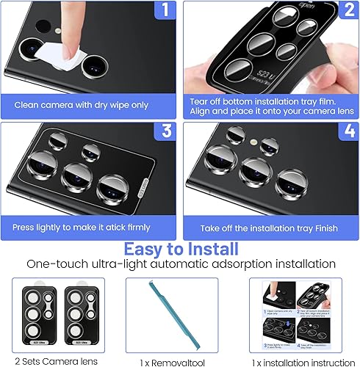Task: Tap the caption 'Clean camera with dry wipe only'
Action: pos(82,105)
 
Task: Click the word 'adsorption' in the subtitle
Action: pos(231,264)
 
